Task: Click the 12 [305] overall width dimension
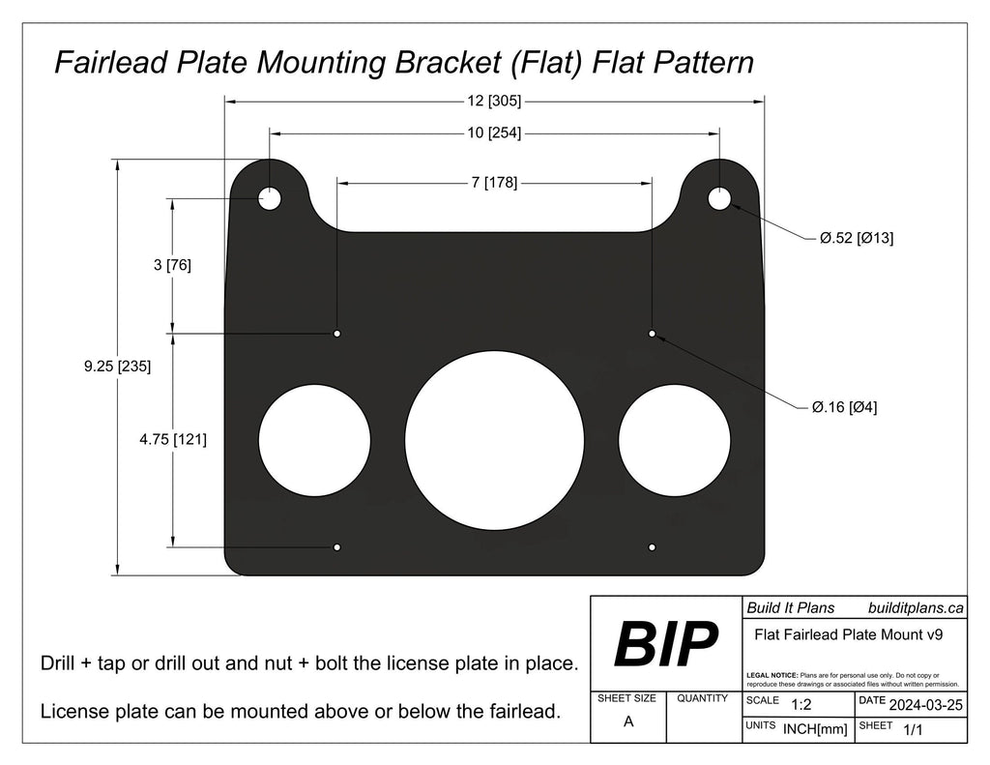coord(494,100)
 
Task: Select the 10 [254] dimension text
coord(494,133)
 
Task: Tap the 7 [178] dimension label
coord(494,183)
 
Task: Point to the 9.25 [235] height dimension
coord(118,367)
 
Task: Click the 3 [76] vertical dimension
coord(172,265)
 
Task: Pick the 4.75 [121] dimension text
coord(173,439)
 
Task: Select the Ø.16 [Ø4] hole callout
coord(843,407)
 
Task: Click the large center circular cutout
coord(494,438)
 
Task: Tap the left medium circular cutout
coord(314,438)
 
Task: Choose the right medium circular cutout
coord(674,438)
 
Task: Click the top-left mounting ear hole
coord(269,199)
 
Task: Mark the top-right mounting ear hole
coord(719,199)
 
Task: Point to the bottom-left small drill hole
coord(336,547)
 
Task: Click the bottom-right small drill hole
coord(653,547)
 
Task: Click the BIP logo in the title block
coord(666,644)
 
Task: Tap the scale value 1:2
coord(801,705)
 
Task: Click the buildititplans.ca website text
coord(916,607)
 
